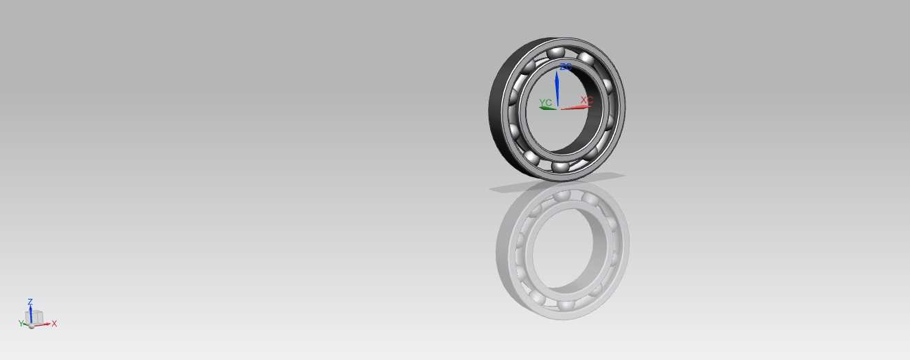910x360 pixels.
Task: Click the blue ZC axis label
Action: coord(566,67)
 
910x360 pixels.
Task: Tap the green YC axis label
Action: coord(545,102)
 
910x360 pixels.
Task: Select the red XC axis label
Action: coord(587,100)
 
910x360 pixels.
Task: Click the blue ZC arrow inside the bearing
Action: coord(557,89)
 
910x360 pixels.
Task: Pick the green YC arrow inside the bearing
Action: coord(548,108)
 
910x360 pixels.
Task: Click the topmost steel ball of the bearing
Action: coord(556,53)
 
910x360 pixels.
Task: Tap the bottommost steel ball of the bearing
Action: coord(560,166)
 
